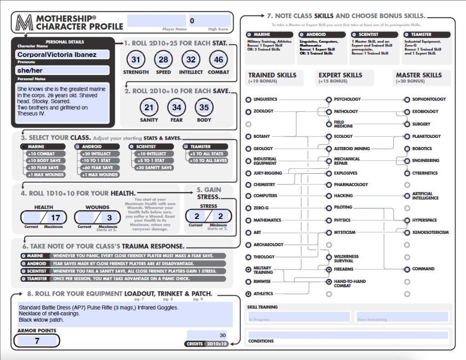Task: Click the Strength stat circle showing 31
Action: coord(136,60)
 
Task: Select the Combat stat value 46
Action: coord(218,60)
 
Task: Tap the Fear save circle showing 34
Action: coord(177,107)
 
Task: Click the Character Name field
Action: coord(63,55)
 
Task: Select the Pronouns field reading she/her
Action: coord(63,70)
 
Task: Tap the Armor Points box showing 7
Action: coord(37,340)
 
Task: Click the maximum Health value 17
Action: coord(55,218)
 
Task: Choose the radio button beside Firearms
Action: coord(329,269)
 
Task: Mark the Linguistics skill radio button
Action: coord(248,99)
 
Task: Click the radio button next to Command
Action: coord(407,269)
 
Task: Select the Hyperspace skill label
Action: coord(424,220)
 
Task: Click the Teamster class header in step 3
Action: coord(205,147)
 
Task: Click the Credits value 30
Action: coord(207,335)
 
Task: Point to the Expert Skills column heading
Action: coord(340,75)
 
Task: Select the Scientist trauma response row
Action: coord(123,271)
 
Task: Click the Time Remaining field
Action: coord(402,317)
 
